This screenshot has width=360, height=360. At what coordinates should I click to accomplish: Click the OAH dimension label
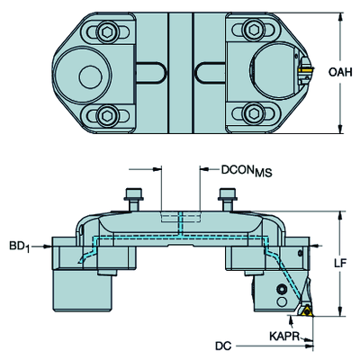(340, 72)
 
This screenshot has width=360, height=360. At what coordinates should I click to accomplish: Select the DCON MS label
(247, 171)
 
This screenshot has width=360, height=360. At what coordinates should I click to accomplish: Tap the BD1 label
(20, 247)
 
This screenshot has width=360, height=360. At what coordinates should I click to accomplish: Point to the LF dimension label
(340, 263)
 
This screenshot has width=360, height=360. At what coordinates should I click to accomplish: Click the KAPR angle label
(284, 337)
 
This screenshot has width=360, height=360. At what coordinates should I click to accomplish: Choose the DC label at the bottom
(223, 346)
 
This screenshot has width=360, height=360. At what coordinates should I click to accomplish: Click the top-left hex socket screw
(107, 31)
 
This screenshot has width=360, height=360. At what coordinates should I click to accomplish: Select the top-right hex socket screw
(253, 30)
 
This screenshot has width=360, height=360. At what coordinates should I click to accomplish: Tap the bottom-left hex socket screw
(106, 115)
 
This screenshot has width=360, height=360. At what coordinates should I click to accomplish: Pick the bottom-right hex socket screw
(253, 113)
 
